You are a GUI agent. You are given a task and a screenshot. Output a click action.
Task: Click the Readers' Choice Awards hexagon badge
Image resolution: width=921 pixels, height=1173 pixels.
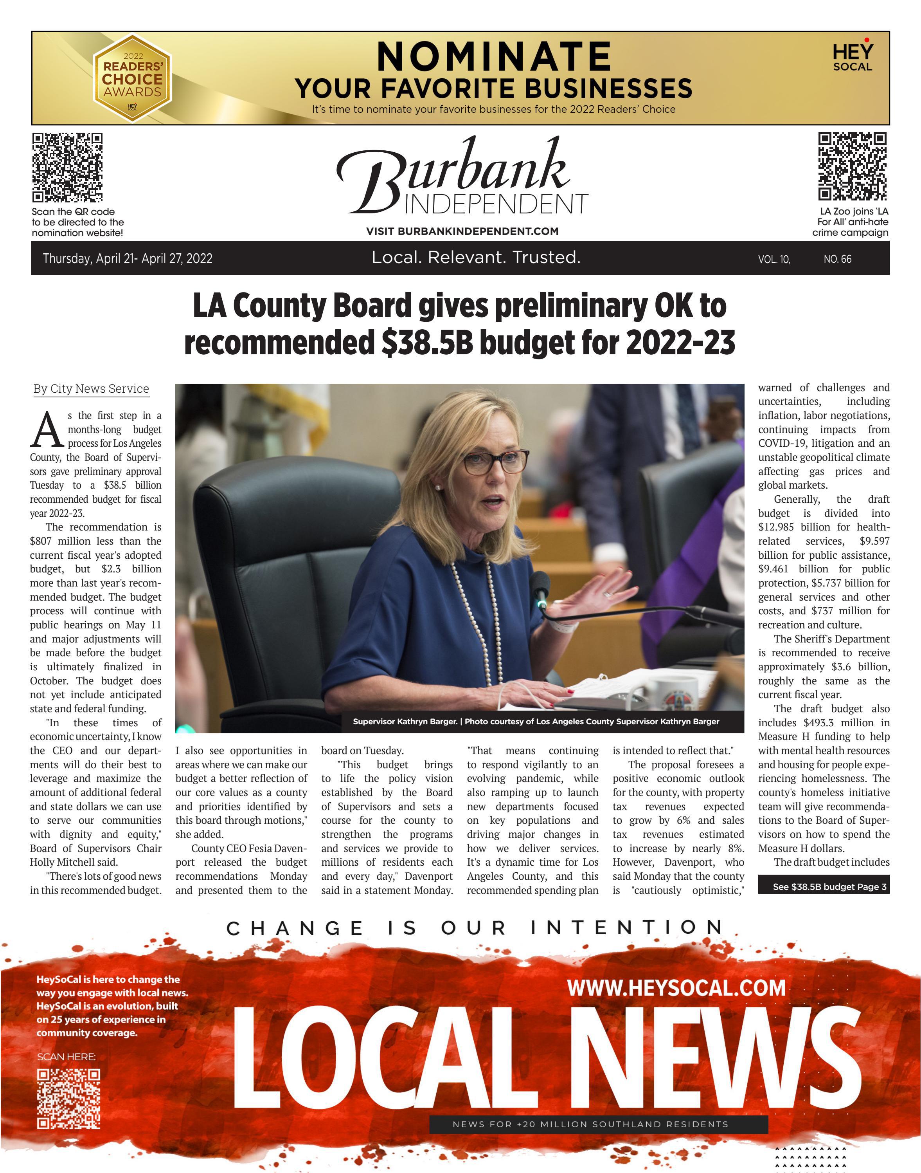tap(132, 78)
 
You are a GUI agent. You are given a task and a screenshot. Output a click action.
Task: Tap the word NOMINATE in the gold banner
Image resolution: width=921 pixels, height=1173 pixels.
tap(493, 57)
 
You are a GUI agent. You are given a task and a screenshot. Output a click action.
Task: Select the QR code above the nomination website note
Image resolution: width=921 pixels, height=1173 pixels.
tap(67, 167)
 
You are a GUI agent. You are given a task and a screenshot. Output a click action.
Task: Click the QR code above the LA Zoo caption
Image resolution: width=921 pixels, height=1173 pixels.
tap(852, 166)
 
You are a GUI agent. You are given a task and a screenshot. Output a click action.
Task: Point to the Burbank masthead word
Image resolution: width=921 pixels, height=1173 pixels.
tap(453, 173)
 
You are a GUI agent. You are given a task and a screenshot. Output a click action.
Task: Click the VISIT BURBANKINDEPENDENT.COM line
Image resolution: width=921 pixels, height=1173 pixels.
tap(462, 231)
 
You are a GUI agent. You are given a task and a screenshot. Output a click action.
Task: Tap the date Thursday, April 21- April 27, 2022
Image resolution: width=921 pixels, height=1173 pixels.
tap(128, 258)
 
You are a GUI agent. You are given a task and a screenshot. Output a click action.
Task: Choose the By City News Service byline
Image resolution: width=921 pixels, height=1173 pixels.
tap(91, 389)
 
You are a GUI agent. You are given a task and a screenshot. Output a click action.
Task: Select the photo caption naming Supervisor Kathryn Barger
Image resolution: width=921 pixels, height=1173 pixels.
tap(536, 722)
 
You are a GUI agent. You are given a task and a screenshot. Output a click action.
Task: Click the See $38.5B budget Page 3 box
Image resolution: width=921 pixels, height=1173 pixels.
tap(824, 886)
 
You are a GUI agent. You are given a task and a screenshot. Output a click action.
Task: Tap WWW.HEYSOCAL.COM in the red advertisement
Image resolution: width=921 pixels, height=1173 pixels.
tap(676, 988)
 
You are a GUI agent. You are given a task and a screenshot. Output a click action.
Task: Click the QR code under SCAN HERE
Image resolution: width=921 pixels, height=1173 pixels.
tap(68, 1099)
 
